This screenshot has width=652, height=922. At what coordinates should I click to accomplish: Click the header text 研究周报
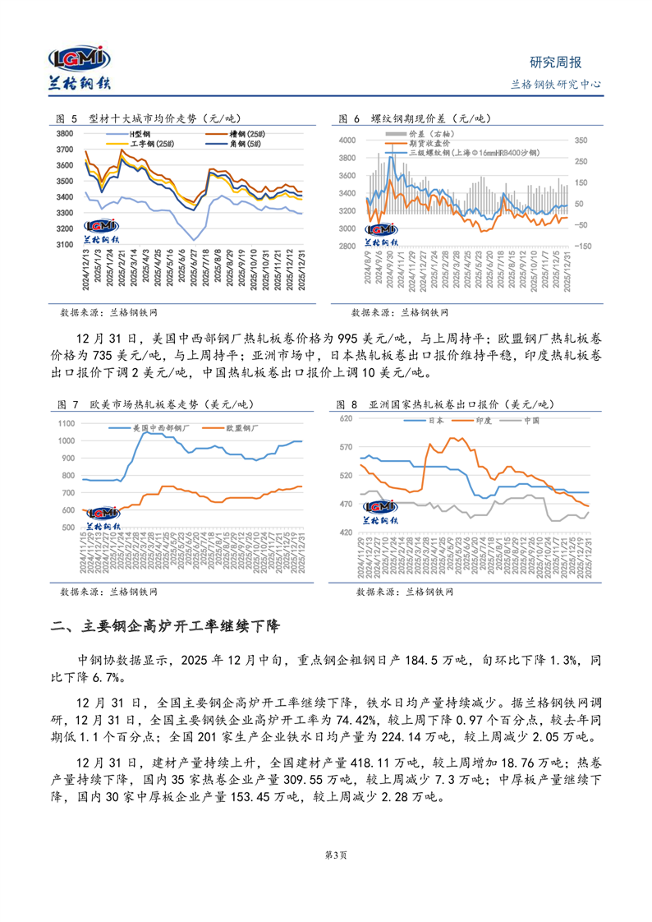(555, 62)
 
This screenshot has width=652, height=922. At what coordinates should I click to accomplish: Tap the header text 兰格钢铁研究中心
(556, 84)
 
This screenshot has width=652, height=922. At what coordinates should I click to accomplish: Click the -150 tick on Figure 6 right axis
(582, 246)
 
